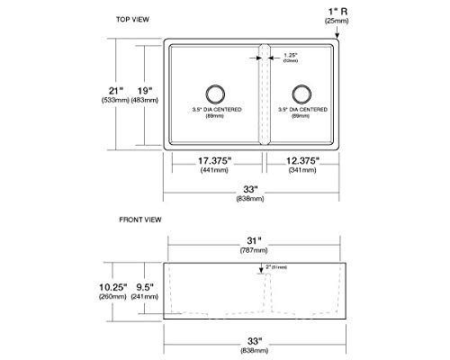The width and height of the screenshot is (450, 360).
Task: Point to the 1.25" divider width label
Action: coord(290,54)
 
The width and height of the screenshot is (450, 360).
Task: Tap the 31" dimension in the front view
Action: coord(252,240)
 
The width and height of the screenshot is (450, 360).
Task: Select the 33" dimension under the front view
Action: coord(252,341)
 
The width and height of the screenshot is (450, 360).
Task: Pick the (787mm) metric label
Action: coord(252,253)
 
